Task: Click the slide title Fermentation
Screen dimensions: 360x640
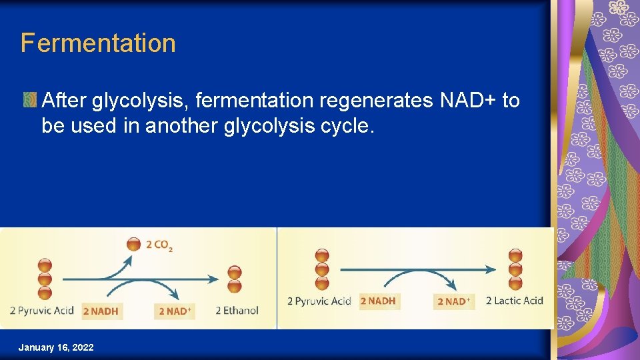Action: point(98,43)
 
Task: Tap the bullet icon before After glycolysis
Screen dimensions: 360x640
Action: point(29,101)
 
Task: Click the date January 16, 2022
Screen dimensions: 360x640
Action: point(56,347)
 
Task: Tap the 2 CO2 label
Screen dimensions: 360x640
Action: point(159,245)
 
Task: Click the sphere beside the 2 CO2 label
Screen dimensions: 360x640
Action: point(134,244)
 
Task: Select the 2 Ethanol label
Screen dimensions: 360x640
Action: point(237,310)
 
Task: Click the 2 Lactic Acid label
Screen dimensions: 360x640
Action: point(514,301)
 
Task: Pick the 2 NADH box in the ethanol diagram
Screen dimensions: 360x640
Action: point(101,311)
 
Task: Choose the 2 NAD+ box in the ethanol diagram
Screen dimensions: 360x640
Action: point(175,311)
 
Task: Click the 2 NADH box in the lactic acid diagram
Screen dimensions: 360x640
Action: point(378,301)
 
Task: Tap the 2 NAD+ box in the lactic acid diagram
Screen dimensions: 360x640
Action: point(453,301)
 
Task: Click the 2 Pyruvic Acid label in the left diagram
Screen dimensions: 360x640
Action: point(41,310)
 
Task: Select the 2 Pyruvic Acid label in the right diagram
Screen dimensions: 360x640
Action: point(319,301)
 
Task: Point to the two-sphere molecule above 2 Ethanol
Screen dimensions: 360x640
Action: point(235,279)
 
